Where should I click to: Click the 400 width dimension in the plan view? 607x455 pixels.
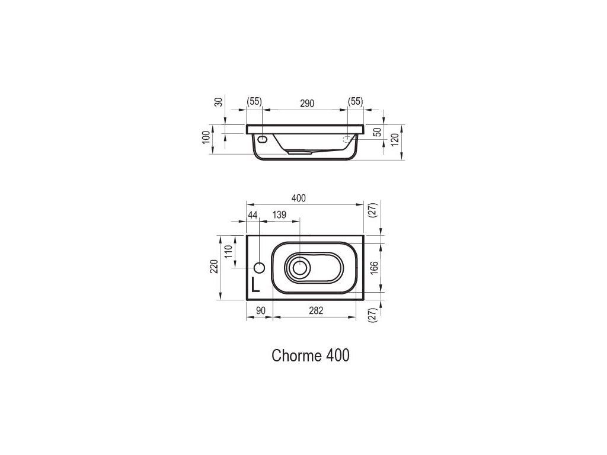pos(299,198)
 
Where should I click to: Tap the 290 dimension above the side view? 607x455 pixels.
pos(307,103)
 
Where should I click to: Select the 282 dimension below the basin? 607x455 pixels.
pos(316,310)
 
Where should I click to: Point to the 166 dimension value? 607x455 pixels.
pos(374,268)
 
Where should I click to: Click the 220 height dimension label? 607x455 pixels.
pos(214,267)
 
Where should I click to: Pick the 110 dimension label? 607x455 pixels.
pos(228,251)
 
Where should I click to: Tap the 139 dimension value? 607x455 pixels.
pos(280,214)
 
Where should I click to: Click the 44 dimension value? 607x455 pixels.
pos(253,214)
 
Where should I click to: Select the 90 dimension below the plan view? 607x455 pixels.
pos(261,310)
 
